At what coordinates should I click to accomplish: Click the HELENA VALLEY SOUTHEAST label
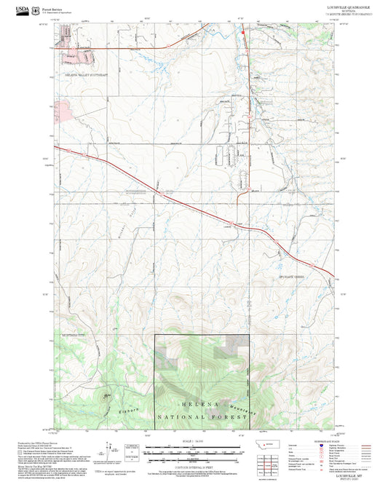coord(86,75)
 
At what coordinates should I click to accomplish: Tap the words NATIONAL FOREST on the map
coord(202,418)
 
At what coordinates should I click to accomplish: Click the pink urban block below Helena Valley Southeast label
coord(65,111)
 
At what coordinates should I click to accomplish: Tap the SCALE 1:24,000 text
coord(193,441)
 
